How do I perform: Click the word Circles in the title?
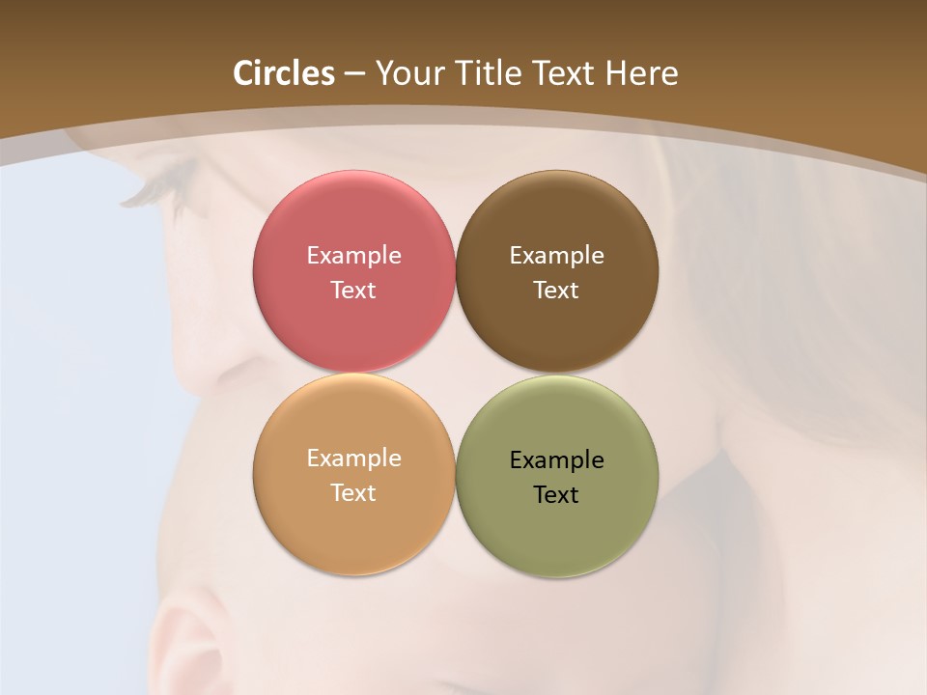pyautogui.click(x=283, y=73)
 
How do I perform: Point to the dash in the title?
pyautogui.click(x=354, y=74)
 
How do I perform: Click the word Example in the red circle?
pyautogui.click(x=353, y=256)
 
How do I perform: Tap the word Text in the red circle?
pyautogui.click(x=353, y=291)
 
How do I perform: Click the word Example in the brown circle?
pyautogui.click(x=556, y=256)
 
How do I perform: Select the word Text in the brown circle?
pyautogui.click(x=556, y=291)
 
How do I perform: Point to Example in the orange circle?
pyautogui.click(x=353, y=459)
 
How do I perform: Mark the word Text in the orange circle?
pyautogui.click(x=353, y=493)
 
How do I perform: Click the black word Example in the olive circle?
pyautogui.click(x=556, y=460)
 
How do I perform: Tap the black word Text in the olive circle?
pyautogui.click(x=556, y=495)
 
